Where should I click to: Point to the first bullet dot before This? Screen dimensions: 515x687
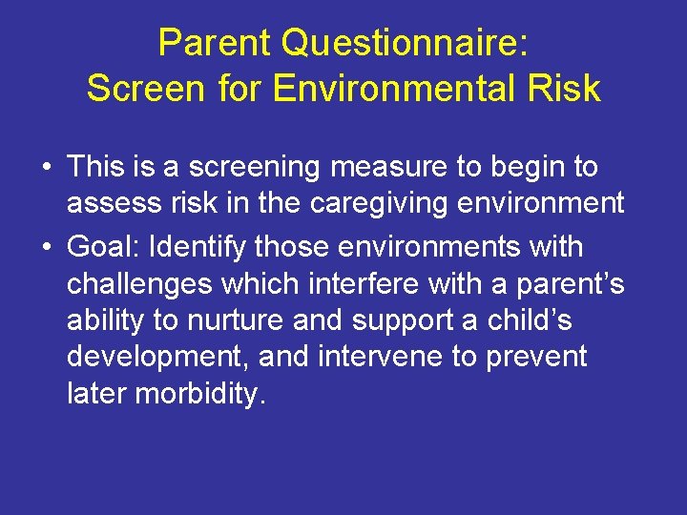point(46,168)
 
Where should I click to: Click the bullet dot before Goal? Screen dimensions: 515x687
point(46,247)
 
